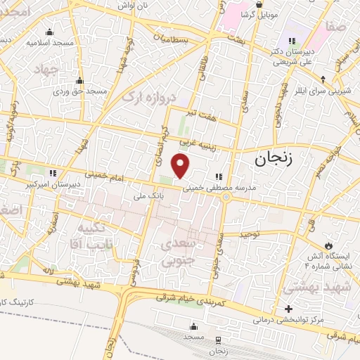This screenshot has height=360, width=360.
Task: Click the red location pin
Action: [x=181, y=166]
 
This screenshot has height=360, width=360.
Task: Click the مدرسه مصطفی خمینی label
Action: [x=219, y=188]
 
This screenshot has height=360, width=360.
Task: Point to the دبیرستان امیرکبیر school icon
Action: [x=51, y=173]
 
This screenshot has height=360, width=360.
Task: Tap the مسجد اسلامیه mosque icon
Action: [x=49, y=32]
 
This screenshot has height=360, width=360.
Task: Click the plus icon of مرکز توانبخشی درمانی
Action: [x=288, y=309]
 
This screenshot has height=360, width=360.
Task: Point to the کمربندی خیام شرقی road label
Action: [x=190, y=300]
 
